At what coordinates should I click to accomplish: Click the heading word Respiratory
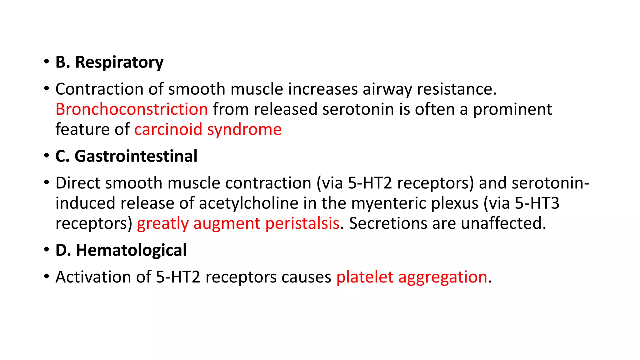[x=119, y=62]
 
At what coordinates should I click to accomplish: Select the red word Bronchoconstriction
[x=132, y=109]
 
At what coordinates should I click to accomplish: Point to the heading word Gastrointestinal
[x=136, y=156]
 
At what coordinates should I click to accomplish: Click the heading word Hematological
[x=131, y=250]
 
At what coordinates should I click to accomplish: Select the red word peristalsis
[x=302, y=223]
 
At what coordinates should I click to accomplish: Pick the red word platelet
[x=365, y=277]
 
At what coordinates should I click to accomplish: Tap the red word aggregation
[x=442, y=277]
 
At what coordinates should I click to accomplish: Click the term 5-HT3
[x=537, y=203]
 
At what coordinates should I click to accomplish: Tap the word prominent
[x=512, y=109]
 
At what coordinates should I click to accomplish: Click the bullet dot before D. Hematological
[x=47, y=250]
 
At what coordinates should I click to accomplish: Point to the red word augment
[x=227, y=224]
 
